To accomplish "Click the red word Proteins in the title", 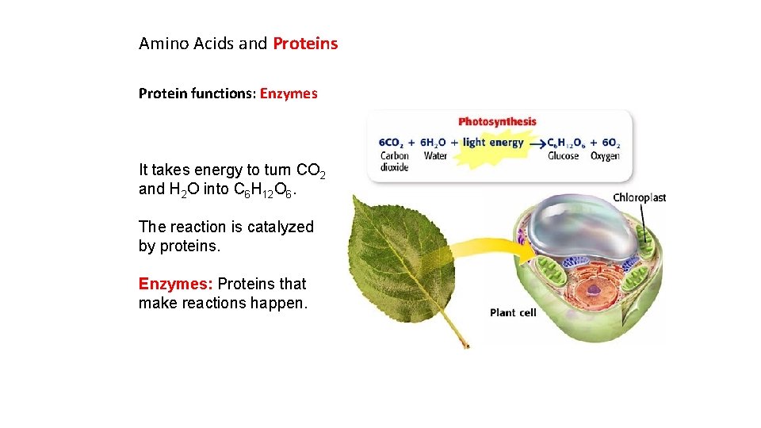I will (305, 44).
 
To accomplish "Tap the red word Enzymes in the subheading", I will (289, 94).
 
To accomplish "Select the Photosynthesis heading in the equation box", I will (497, 122).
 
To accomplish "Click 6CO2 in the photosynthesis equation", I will (391, 143).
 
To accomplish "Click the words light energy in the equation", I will (493, 143).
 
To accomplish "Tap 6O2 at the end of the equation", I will (610, 143).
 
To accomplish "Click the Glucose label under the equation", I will (563, 156).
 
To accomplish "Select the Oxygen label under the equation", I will (605, 156).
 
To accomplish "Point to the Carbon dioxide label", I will (394, 162).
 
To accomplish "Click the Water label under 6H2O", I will (435, 156).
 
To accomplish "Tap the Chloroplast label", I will (639, 197).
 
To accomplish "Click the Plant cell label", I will (513, 312).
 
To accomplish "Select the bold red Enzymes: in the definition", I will (176, 284).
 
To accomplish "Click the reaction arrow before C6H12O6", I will (537, 143).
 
